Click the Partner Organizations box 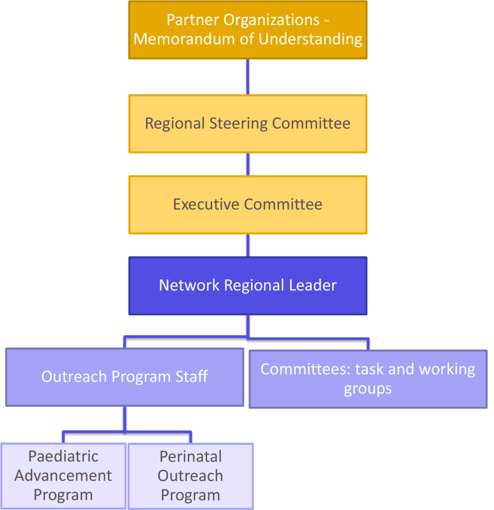(x=247, y=30)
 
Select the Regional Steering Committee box (x=247, y=124)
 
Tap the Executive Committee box (x=247, y=204)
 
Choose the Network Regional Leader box (x=247, y=285)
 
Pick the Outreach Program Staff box (x=124, y=377)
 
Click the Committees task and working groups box (x=368, y=379)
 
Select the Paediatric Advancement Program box (x=63, y=476)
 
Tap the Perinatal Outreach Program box (x=190, y=476)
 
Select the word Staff (x=192, y=377)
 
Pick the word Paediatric (x=63, y=456)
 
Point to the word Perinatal (x=190, y=456)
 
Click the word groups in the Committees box (x=368, y=388)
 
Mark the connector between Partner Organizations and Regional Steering (x=247, y=77)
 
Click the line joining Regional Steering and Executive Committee (x=247, y=164)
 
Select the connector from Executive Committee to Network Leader (x=247, y=245)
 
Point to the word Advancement (x=63, y=476)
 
